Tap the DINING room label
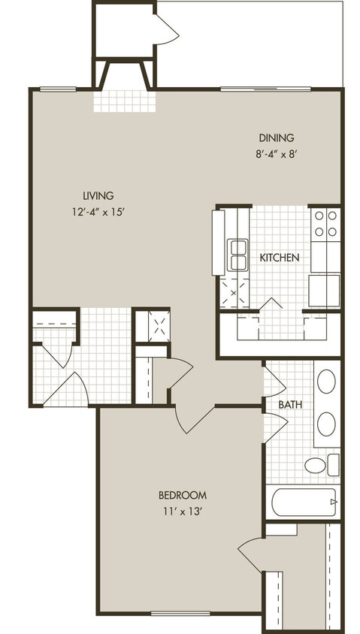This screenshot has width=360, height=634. (276, 138)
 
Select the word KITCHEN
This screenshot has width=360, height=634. (280, 258)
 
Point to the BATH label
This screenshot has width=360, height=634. (290, 405)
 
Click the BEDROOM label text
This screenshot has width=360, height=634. (182, 495)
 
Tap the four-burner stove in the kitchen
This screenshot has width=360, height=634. (326, 224)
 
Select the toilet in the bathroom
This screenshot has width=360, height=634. (319, 465)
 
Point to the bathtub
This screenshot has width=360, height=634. (304, 503)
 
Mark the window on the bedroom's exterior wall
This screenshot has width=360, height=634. (180, 613)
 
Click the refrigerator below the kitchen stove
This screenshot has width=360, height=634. (325, 290)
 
